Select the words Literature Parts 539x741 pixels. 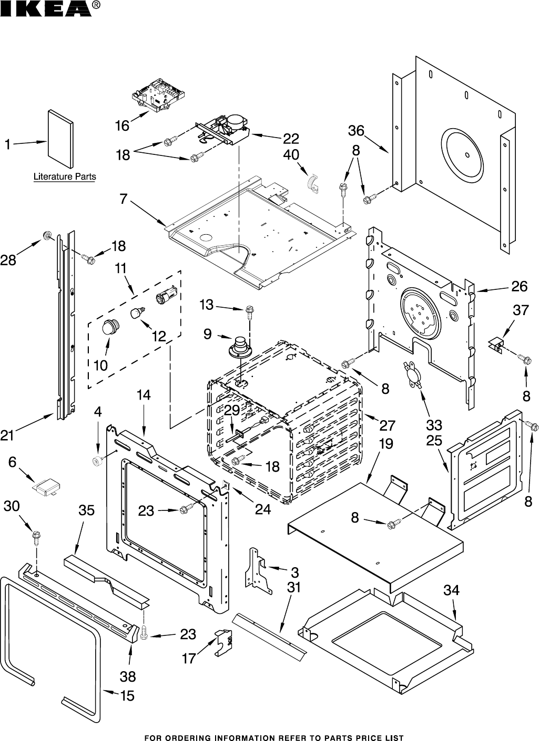65,177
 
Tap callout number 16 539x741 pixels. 122,126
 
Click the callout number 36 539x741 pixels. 356,130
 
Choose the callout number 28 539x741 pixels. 8,259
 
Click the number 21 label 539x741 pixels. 7,434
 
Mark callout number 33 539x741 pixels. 434,424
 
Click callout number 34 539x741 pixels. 451,590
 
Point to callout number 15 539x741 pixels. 127,696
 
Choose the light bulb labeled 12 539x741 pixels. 138,314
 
